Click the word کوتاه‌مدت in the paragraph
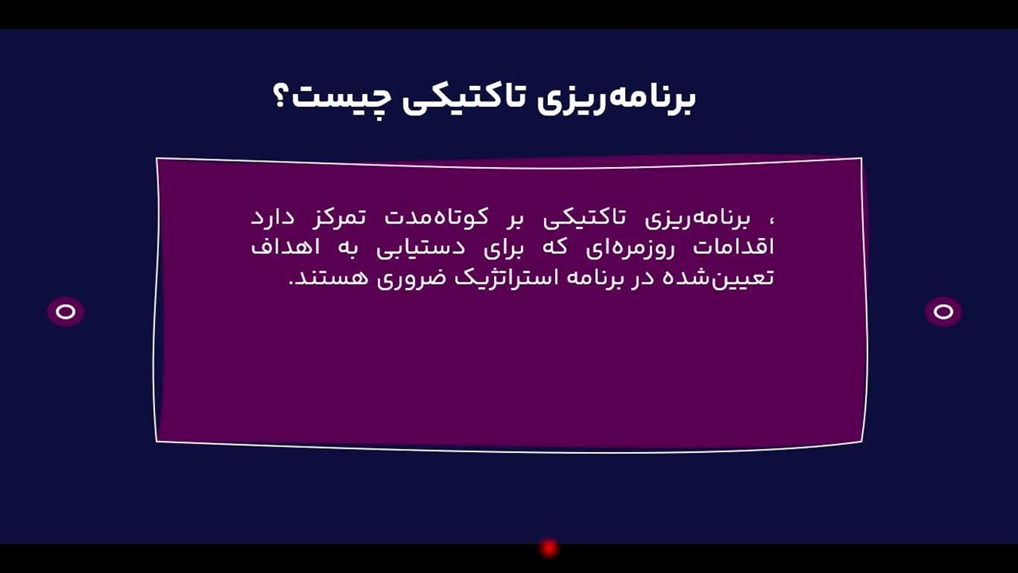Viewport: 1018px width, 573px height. pyautogui.click(x=437, y=217)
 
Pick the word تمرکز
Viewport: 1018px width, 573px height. pyautogui.click(x=339, y=218)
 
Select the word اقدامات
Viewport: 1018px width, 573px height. pyautogui.click(x=733, y=248)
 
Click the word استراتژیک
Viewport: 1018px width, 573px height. pyautogui.click(x=506, y=278)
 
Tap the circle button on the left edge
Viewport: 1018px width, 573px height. pyautogui.click(x=66, y=311)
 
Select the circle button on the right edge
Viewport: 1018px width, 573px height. pyautogui.click(x=943, y=311)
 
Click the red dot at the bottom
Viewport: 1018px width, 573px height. pyautogui.click(x=550, y=548)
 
